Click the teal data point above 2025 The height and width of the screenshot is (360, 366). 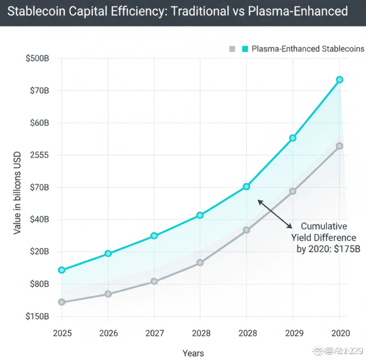tap(61, 270)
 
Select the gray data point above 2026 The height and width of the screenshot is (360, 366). tap(108, 294)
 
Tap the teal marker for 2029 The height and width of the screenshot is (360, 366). tap(293, 138)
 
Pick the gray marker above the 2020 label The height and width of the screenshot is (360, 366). tap(339, 146)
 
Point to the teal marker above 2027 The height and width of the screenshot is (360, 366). tap(154, 236)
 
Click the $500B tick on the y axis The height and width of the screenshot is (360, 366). tap(39, 59)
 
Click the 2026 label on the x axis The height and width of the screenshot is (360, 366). tap(108, 333)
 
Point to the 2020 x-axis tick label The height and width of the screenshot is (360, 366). tap(339, 333)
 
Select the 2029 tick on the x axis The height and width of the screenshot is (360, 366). tap(293, 333)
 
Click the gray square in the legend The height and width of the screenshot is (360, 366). tap(233, 49)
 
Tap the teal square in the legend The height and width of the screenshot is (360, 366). tap(245, 49)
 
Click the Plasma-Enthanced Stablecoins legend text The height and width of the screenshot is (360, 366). tap(308, 49)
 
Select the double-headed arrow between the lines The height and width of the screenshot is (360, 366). tap(274, 214)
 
